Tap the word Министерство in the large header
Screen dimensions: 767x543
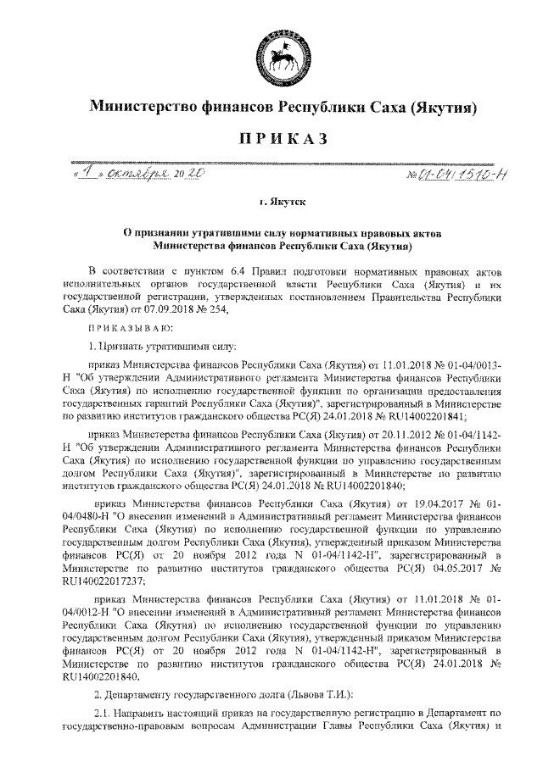pos(142,108)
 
